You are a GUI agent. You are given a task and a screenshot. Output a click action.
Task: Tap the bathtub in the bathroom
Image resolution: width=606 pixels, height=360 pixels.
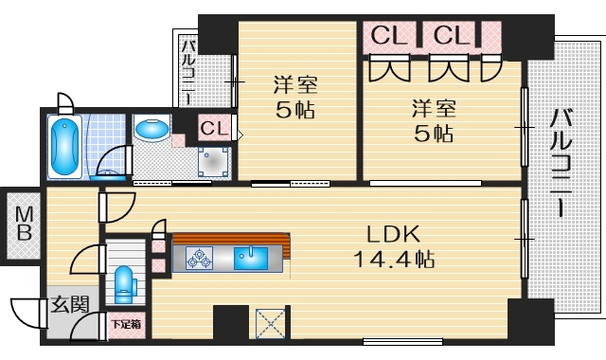pyautogui.click(x=65, y=147)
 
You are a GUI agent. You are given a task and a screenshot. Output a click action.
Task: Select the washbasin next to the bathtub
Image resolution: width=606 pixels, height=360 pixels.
pyautogui.click(x=151, y=128)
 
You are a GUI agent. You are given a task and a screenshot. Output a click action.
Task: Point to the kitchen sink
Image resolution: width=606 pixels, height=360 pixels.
pyautogui.click(x=251, y=256)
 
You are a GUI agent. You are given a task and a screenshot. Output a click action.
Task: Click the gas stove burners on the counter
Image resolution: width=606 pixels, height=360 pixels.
pyautogui.click(x=200, y=256)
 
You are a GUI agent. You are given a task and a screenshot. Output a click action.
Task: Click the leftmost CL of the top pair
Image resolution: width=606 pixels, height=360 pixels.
pyautogui.click(x=388, y=36)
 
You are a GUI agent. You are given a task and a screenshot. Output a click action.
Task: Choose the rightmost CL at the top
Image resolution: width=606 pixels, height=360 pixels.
pyautogui.click(x=452, y=36)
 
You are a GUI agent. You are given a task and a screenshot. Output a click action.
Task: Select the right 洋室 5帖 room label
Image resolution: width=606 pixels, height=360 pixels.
pyautogui.click(x=434, y=119)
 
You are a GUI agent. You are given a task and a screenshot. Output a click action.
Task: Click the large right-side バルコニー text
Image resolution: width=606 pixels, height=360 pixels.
pyautogui.click(x=561, y=161)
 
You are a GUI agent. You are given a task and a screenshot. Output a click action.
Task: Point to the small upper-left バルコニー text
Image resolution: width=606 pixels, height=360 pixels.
pyautogui.click(x=187, y=71)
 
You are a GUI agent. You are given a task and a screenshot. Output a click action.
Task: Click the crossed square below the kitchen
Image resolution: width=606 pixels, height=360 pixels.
pyautogui.click(x=270, y=323)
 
